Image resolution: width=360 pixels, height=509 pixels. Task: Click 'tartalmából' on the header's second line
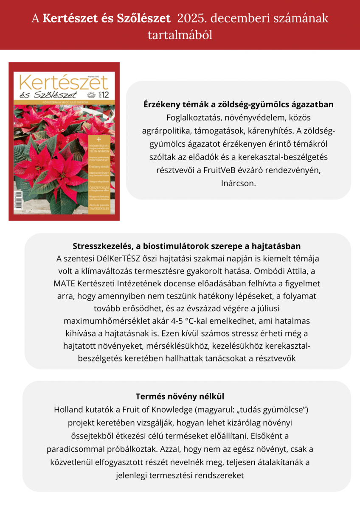click(x=180, y=35)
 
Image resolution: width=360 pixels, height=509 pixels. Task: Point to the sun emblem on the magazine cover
click(x=91, y=95)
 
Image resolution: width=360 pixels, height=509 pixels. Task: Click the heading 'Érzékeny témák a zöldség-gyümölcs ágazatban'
click(x=239, y=104)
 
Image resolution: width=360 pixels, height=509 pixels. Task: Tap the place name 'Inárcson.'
click(x=239, y=184)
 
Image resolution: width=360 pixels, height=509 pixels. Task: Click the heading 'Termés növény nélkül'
click(x=180, y=397)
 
